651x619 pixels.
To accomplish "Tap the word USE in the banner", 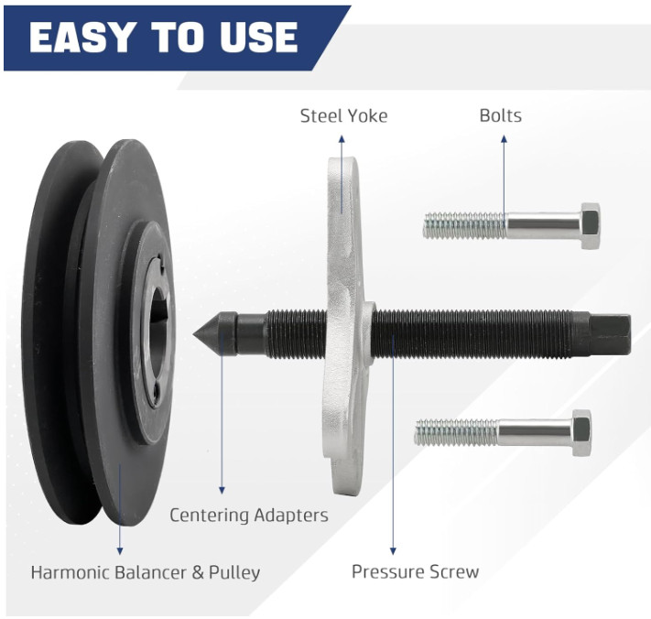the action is point(258,37).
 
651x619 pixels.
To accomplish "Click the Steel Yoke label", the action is point(343,115).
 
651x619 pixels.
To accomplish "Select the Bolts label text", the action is point(500,115).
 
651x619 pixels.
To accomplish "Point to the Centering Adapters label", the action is point(249,516).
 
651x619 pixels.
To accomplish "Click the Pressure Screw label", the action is point(415,571).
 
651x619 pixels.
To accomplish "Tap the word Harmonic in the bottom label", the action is point(71,572).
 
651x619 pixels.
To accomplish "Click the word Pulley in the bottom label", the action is point(234,573).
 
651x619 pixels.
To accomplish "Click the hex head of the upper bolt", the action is point(590,226).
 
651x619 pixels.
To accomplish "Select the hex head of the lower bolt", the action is point(581,432).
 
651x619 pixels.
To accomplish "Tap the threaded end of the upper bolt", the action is point(464,225).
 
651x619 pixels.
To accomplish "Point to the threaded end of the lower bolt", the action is point(456,432).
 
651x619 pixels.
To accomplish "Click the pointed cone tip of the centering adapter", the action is point(194,334).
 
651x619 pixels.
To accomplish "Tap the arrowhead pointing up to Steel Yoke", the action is point(342,138).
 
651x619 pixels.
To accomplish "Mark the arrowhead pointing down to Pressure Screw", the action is point(393,551).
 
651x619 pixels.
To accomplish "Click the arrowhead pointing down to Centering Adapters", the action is point(222,490).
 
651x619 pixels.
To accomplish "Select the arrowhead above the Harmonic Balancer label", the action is point(120,551).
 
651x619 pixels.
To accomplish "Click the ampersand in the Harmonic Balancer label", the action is point(198,572).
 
